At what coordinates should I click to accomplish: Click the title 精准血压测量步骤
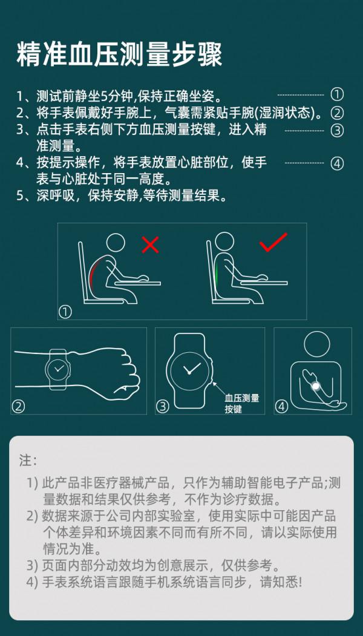tap(119, 55)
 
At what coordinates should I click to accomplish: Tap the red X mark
tap(150, 244)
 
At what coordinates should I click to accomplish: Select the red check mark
tap(273, 243)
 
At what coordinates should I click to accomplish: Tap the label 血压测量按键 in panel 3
tap(241, 404)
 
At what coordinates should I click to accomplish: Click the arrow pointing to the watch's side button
tap(219, 387)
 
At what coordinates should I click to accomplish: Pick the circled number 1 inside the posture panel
tap(65, 312)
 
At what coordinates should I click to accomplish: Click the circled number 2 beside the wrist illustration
tap(19, 407)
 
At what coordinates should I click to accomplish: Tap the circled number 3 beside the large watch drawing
tap(162, 407)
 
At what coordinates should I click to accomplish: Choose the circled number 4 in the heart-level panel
tap(281, 407)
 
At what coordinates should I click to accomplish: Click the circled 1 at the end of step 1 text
tap(337, 94)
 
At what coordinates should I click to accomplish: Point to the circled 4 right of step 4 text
tap(337, 163)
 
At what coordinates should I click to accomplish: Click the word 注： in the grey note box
tap(28, 461)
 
